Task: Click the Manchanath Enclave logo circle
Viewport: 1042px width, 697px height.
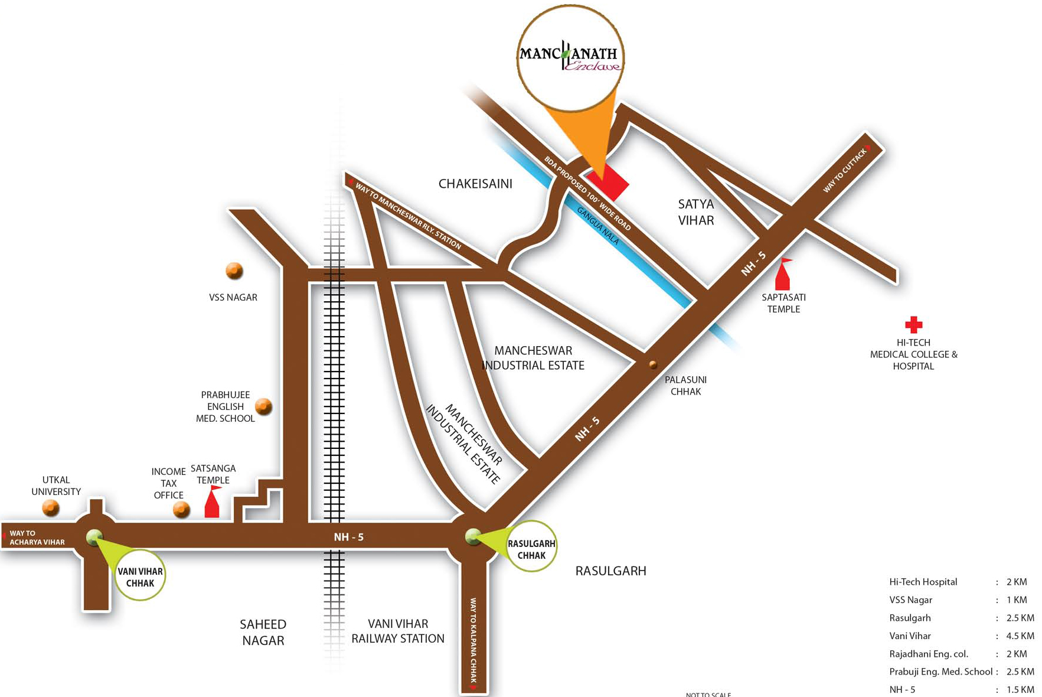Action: [570, 58]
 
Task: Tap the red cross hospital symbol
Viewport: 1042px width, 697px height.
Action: [913, 324]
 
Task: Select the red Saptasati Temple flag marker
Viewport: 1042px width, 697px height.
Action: [783, 275]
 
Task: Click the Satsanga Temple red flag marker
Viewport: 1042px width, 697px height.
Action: [212, 503]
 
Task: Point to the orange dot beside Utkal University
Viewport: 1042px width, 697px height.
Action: [51, 507]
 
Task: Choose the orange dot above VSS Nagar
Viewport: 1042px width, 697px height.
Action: [234, 271]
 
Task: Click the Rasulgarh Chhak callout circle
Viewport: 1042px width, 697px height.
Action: [531, 546]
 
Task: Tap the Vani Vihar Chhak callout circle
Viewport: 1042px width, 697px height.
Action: [140, 575]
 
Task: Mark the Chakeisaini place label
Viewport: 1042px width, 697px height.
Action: [475, 184]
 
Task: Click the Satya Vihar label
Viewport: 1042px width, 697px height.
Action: [696, 212]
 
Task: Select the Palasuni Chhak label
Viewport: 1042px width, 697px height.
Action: [685, 386]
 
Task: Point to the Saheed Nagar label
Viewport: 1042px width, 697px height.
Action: [263, 632]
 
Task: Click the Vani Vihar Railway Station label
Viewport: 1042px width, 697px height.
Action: [398, 631]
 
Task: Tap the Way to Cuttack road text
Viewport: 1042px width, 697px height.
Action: [845, 171]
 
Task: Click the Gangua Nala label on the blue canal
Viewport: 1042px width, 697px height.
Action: [598, 226]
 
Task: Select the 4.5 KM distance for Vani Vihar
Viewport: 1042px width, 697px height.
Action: [1020, 636]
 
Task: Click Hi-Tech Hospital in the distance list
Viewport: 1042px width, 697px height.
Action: [923, 582]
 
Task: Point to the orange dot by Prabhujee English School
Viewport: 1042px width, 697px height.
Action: [263, 406]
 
